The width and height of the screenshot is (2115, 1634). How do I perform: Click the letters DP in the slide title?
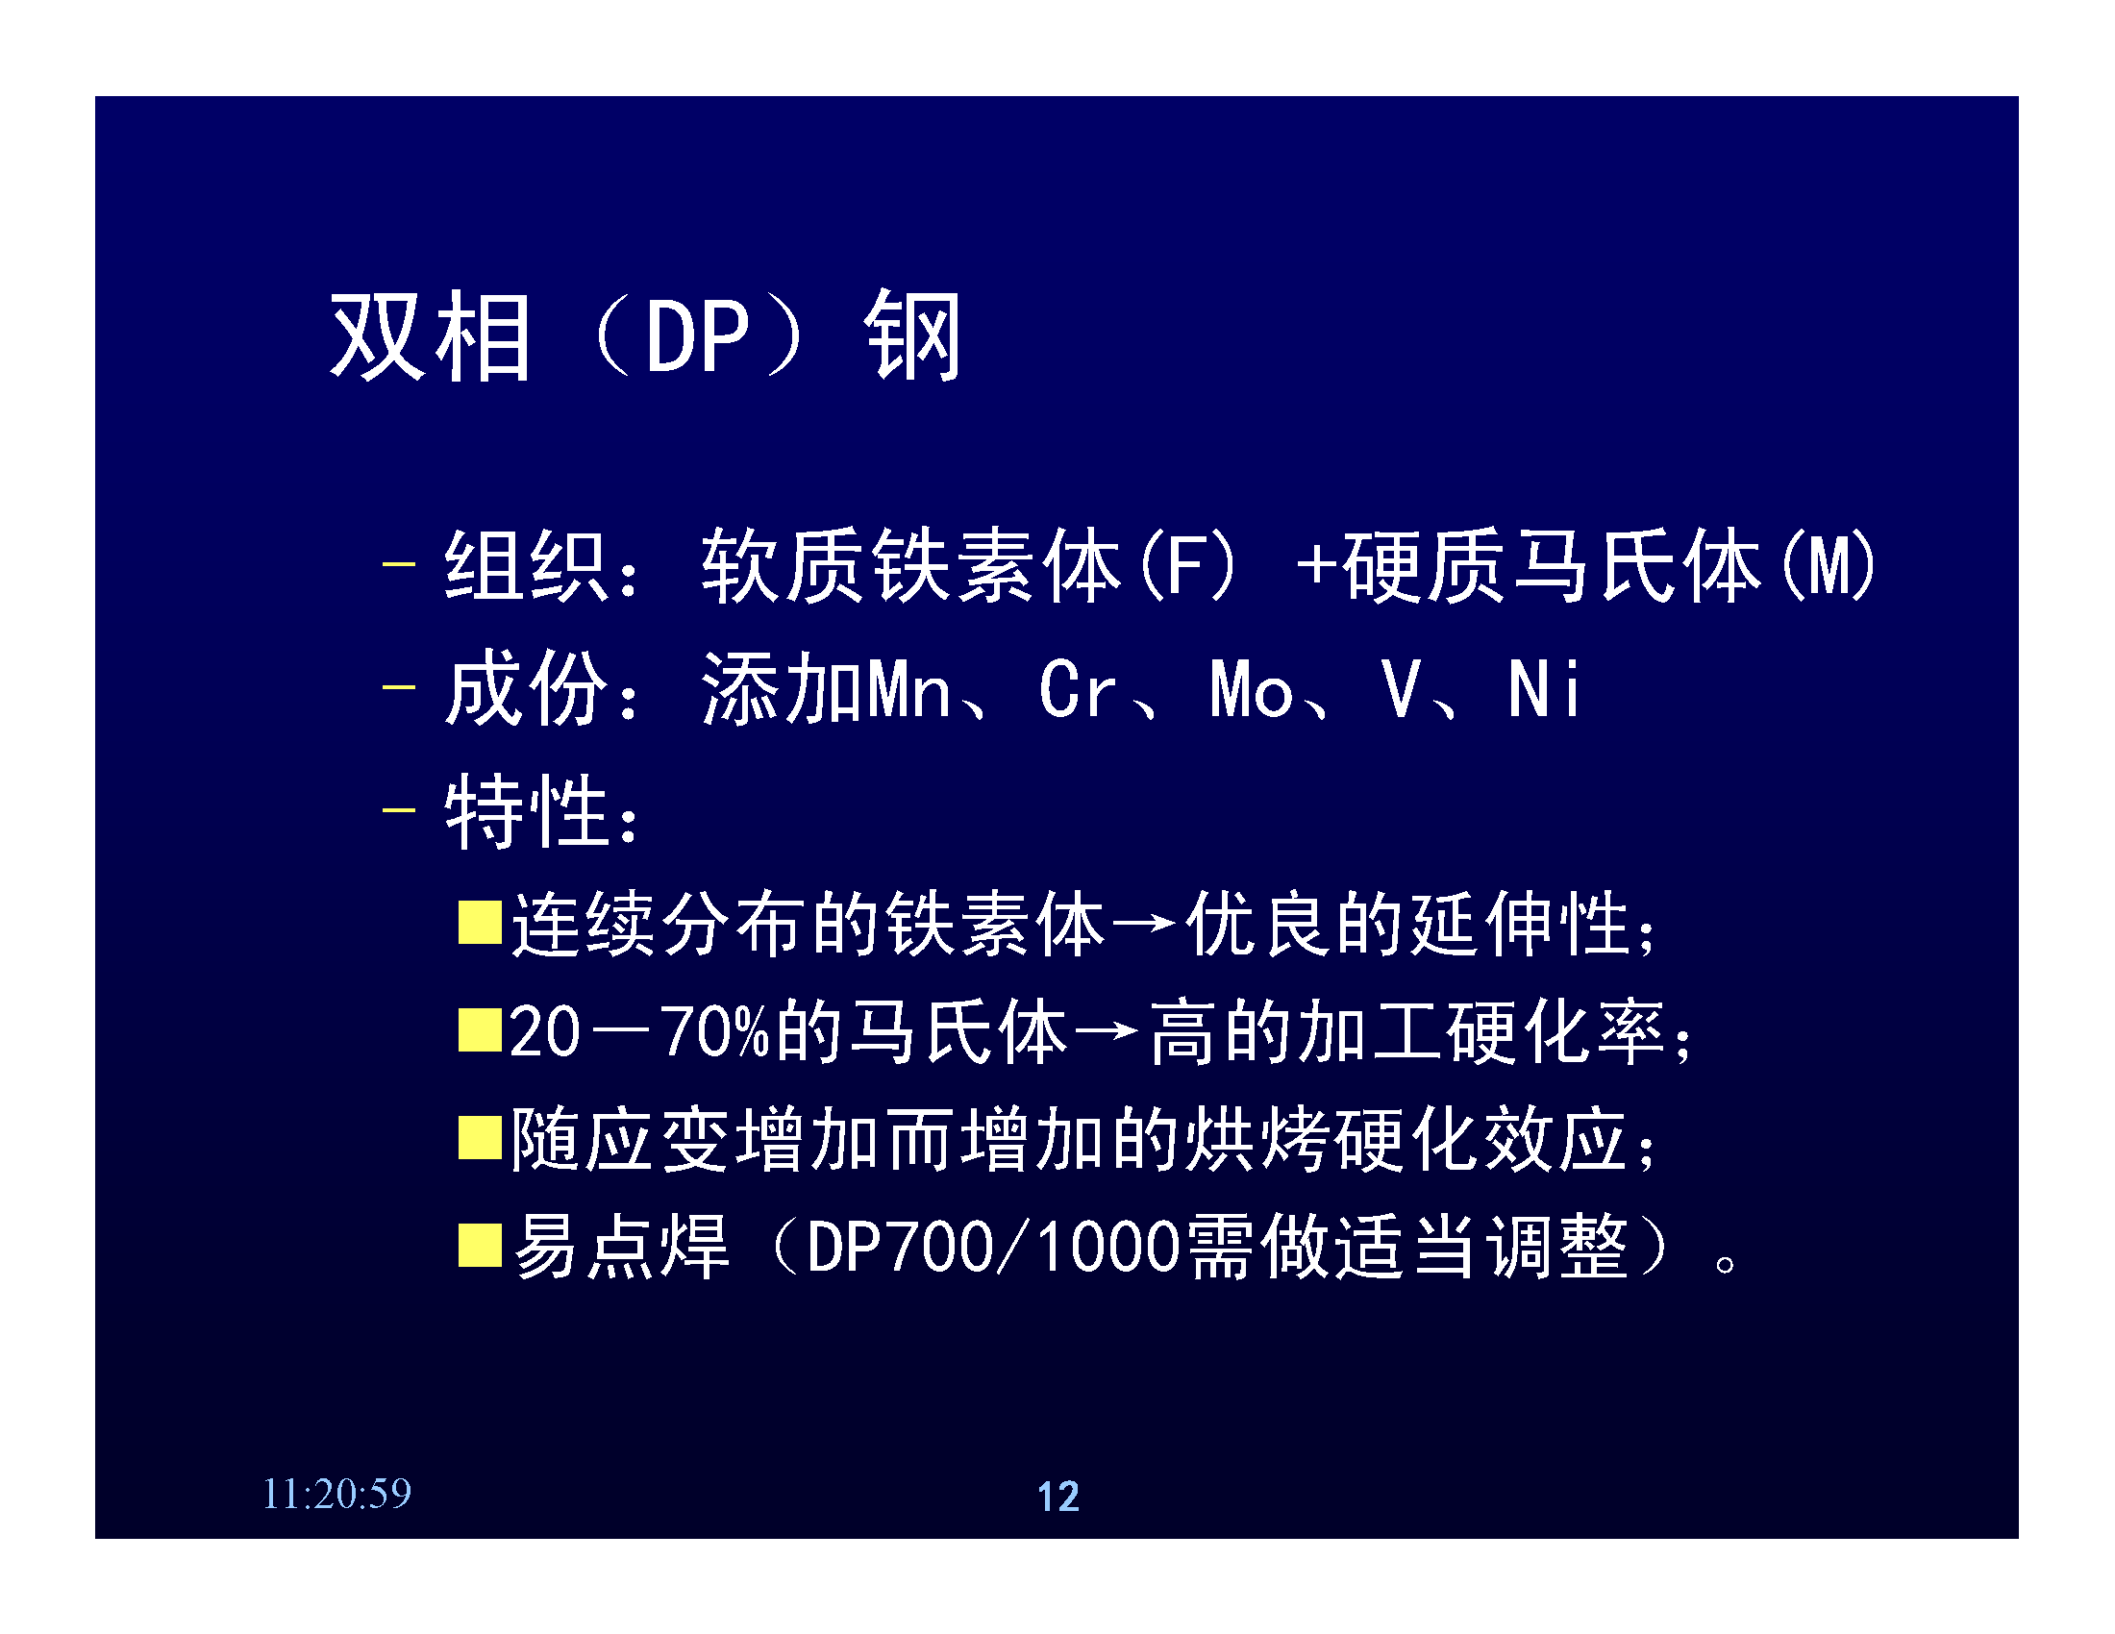pos(697,335)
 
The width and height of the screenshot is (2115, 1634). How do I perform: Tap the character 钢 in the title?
pos(912,335)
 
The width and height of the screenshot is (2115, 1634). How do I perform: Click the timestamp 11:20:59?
pos(337,1494)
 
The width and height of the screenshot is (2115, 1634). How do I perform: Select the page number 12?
pos(1057,1497)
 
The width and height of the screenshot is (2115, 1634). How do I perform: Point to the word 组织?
pos(526,565)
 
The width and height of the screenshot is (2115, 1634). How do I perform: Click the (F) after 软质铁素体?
pos(1187,565)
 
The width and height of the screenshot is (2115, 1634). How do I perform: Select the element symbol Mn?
pos(908,689)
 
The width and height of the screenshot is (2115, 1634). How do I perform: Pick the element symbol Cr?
pos(1077,689)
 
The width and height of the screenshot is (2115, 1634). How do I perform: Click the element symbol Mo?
pos(1250,689)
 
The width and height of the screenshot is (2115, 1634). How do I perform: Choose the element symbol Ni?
pos(1544,689)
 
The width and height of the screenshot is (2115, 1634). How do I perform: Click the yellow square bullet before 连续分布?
pos(480,922)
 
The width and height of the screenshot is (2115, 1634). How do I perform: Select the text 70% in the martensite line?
pos(714,1032)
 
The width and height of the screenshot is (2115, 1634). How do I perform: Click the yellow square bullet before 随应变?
pos(480,1138)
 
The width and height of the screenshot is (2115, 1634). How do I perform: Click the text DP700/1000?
pos(993,1247)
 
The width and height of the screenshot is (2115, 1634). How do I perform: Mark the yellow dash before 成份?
pos(398,687)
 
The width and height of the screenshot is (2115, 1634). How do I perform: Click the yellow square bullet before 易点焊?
pos(480,1245)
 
